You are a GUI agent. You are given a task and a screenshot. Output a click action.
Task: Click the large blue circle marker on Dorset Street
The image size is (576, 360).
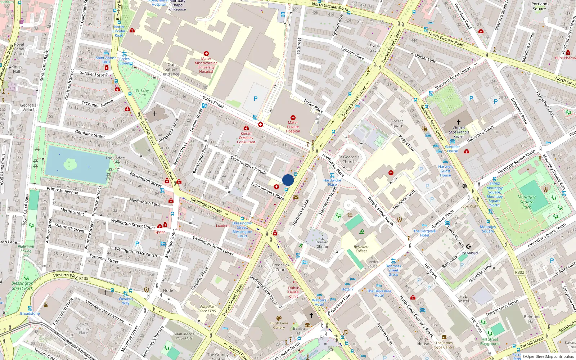pos(288,180)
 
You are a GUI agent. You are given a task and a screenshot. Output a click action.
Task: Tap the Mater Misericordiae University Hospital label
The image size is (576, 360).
pos(206,65)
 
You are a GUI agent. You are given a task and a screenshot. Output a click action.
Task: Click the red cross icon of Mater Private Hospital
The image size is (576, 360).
pos(293,118)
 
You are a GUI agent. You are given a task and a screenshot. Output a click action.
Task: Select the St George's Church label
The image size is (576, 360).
pos(349,159)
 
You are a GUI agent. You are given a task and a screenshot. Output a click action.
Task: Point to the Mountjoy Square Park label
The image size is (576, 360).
pos(527,202)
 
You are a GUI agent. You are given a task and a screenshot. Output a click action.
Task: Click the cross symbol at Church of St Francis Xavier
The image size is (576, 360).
pos(459,122)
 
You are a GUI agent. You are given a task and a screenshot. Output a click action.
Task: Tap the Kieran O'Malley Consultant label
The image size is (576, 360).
pos(246,138)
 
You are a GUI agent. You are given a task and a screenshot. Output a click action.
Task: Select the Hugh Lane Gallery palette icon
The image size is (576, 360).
pos(279,318)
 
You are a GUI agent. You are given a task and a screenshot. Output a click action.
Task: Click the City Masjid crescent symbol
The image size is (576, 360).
pos(468,247)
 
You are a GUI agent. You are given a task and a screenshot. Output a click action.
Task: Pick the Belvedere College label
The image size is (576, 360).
pos(361,249)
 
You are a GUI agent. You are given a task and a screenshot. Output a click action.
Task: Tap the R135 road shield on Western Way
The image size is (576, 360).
pos(84,278)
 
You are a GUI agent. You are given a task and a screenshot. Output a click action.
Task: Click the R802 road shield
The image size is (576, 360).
pos(519,272)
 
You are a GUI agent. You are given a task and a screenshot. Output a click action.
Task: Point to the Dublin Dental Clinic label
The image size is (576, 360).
pos(294,292)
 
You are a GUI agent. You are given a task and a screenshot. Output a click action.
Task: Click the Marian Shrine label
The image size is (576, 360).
pos(322,244)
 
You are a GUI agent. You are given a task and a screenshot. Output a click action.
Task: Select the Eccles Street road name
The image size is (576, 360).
pos(213,102)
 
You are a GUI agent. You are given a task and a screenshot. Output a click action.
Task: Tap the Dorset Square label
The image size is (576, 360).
pos(396,123)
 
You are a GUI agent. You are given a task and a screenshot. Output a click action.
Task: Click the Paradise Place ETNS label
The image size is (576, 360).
pos(207,309)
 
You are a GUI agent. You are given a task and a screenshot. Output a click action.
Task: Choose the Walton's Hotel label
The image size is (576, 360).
pos(319,302)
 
